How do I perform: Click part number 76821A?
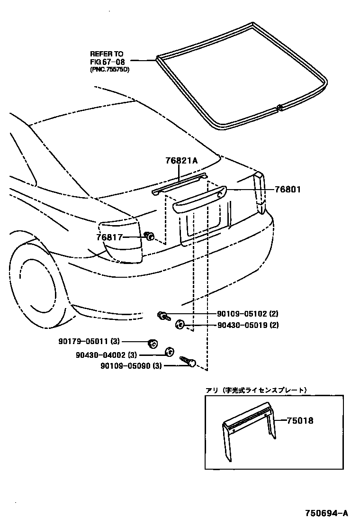(181, 161)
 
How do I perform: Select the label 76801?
(288, 190)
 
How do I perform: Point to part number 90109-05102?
(243, 313)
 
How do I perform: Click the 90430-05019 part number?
(243, 325)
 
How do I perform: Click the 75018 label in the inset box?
(300, 420)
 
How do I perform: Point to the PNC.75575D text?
(109, 70)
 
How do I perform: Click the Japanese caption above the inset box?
(256, 390)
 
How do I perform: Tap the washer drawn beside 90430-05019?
(180, 325)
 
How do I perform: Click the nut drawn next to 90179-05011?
(152, 343)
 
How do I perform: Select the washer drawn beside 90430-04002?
(168, 351)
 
